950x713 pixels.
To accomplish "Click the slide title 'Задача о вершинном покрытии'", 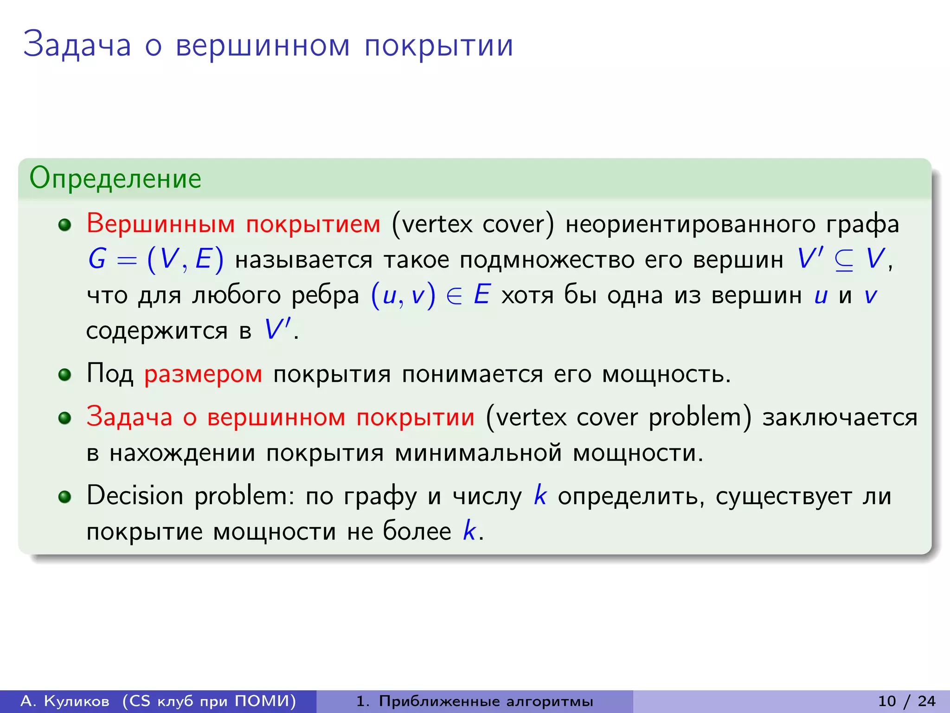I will pos(268,45).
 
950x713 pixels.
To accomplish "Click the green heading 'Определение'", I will pos(115,178).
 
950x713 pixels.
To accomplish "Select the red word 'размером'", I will pos(203,374).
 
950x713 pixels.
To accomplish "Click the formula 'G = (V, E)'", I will pos(155,259).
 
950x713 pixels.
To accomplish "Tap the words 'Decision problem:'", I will pos(190,496).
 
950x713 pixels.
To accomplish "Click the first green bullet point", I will pos(64,225).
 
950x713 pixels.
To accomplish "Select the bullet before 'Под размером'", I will pos(64,375).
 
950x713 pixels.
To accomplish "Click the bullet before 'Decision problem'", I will pos(64,497).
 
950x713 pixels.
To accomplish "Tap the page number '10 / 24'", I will pos(907,701).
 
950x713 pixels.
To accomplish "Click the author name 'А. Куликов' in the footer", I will pos(65,701).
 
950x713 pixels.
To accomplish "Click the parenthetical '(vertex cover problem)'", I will pos(618,417).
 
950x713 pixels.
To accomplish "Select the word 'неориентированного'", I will pos(690,224).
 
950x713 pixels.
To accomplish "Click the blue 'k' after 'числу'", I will pos(539,495).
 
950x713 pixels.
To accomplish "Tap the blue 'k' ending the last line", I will pos(469,530).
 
